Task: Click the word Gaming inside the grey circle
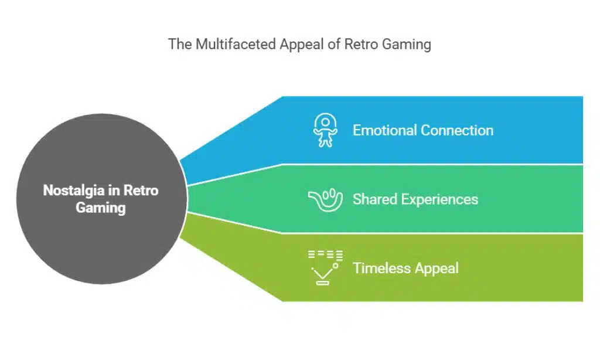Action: (101, 208)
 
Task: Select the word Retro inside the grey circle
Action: (142, 191)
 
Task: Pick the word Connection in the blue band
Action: (460, 130)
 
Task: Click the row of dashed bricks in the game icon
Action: (325, 255)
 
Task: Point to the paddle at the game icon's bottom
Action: (323, 283)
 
